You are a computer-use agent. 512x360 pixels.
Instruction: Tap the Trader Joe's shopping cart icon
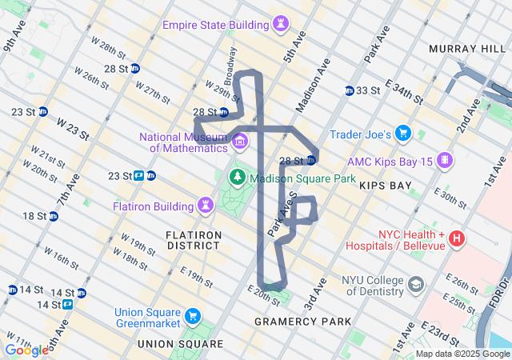[x=403, y=134]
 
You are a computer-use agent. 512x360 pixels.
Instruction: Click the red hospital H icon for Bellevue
[x=456, y=238]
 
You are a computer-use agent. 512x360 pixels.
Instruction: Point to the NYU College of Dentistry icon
[x=416, y=285]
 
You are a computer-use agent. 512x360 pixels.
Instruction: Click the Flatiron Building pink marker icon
[x=206, y=206]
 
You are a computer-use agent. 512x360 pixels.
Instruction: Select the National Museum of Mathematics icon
[x=239, y=142]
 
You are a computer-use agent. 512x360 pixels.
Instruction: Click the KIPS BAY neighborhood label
[x=386, y=186]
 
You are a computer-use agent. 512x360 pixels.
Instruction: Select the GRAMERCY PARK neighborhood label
[x=302, y=322]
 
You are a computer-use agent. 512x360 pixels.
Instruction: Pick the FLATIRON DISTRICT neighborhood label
[x=194, y=240]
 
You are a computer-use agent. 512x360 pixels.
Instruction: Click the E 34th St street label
[x=404, y=92]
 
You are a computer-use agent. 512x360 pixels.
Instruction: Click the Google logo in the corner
[x=26, y=350]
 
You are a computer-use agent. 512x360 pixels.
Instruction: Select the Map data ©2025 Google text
[x=462, y=354]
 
